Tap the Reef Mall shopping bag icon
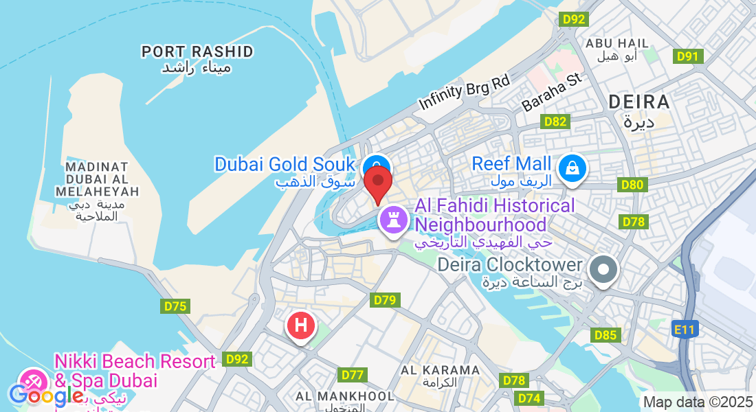(x=571, y=168)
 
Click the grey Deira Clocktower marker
(x=604, y=268)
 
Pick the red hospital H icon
(x=300, y=325)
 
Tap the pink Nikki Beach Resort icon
(x=32, y=381)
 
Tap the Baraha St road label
(x=551, y=93)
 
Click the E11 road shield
(x=685, y=330)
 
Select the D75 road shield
(x=175, y=306)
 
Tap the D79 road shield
(x=385, y=300)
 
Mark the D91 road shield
(x=688, y=56)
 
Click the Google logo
(x=46, y=395)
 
